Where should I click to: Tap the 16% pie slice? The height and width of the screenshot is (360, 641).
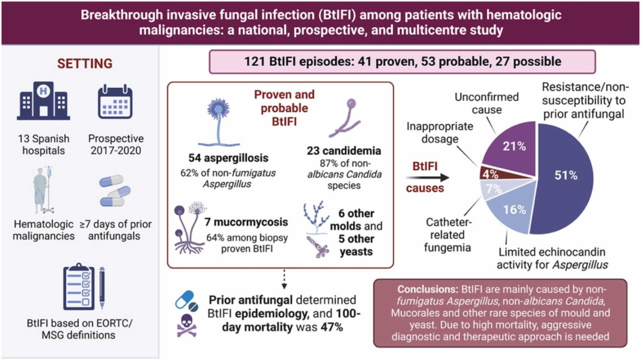505,209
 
